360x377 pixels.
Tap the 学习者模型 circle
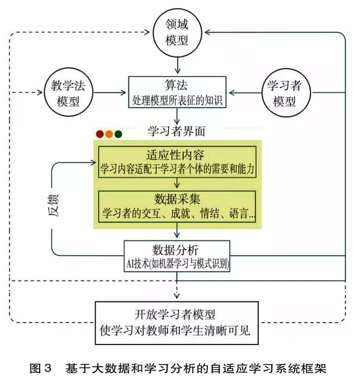click(x=284, y=92)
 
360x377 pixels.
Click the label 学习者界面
click(x=177, y=131)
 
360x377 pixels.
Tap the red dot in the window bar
click(x=100, y=134)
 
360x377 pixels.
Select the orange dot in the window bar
click(x=109, y=134)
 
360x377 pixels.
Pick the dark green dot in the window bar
click(x=118, y=134)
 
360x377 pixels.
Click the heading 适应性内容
click(x=177, y=153)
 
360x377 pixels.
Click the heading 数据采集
click(x=177, y=198)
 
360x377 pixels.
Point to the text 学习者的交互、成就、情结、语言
click(x=177, y=212)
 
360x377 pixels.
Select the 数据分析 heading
click(x=177, y=250)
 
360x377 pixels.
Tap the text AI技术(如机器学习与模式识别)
click(x=177, y=264)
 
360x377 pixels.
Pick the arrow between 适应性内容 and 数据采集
click(x=177, y=183)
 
